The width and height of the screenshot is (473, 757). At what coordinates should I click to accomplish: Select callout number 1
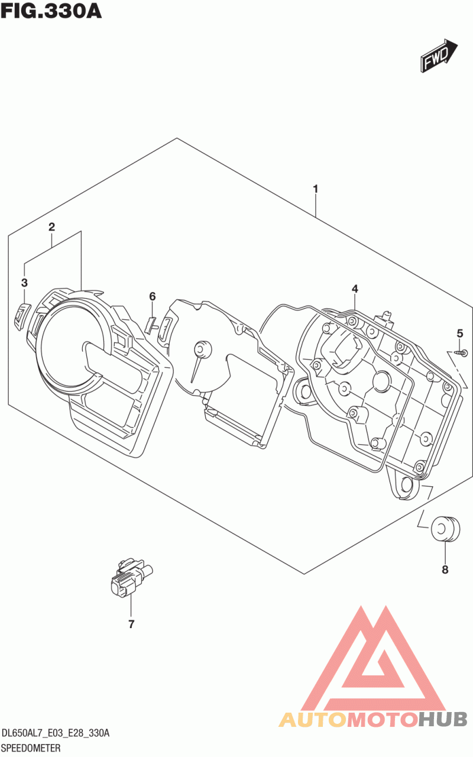pyautogui.click(x=316, y=189)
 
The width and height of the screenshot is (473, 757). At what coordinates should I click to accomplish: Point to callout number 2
pyautogui.click(x=51, y=227)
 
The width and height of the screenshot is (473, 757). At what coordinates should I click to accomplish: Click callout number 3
pyautogui.click(x=24, y=283)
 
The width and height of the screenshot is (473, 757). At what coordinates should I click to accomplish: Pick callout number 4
pyautogui.click(x=355, y=289)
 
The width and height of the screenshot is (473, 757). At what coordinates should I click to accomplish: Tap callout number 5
pyautogui.click(x=460, y=334)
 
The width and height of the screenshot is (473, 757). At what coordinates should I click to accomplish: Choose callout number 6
pyautogui.click(x=153, y=296)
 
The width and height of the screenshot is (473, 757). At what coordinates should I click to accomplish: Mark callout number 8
pyautogui.click(x=445, y=570)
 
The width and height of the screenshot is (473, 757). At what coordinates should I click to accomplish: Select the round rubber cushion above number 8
pyautogui.click(x=445, y=529)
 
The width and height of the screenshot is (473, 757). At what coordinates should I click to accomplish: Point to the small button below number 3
pyautogui.click(x=22, y=312)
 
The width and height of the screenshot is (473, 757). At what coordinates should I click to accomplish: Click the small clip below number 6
pyautogui.click(x=151, y=325)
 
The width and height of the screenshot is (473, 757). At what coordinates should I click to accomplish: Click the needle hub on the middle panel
pyautogui.click(x=202, y=350)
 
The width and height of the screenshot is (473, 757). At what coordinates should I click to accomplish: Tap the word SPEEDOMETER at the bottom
pyautogui.click(x=31, y=748)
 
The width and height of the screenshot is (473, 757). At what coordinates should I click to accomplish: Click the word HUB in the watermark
pyautogui.click(x=443, y=718)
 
